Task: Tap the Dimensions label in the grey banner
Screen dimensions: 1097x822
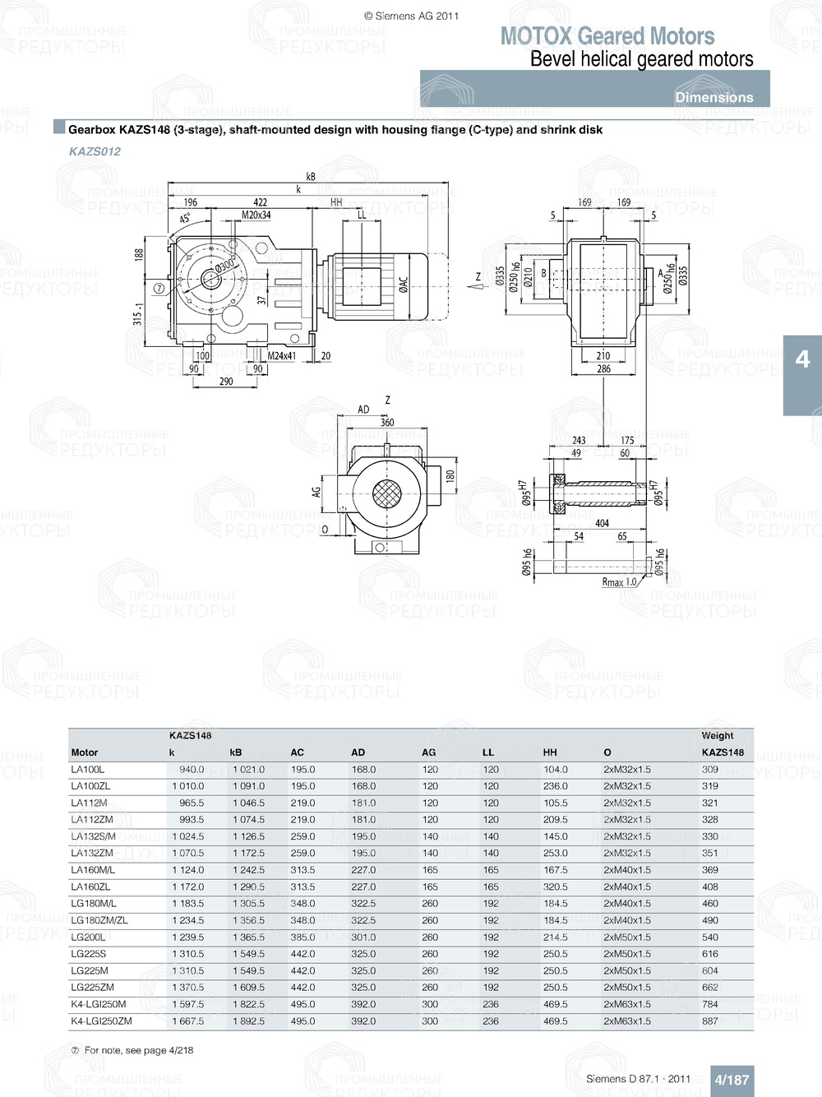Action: (713, 97)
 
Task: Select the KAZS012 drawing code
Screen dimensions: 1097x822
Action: (95, 151)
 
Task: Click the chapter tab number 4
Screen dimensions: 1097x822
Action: (802, 359)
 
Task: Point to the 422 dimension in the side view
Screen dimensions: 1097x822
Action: (260, 202)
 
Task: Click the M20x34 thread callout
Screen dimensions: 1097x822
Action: (256, 215)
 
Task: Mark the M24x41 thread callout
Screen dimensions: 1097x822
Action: (281, 356)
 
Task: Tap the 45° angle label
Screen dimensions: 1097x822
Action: (185, 218)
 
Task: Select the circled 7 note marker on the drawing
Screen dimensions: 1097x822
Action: (159, 289)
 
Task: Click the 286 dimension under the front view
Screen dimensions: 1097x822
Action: (603, 369)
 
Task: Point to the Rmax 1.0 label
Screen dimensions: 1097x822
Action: (619, 582)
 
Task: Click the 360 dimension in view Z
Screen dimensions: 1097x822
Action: (387, 423)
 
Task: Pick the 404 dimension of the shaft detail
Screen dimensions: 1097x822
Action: (602, 523)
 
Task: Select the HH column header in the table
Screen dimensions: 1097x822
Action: (550, 752)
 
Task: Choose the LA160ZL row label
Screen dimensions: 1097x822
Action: (90, 887)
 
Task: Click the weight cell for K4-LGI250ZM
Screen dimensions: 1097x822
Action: (710, 1021)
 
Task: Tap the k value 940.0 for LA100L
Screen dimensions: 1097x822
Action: (192, 770)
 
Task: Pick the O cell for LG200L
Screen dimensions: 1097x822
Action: (626, 937)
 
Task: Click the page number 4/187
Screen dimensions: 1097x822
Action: (731, 1080)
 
